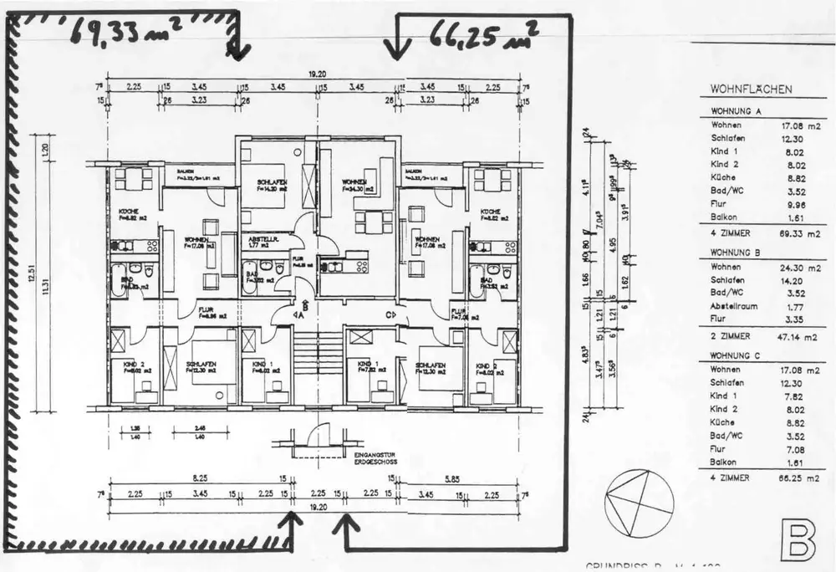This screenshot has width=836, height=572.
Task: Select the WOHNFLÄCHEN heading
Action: coord(752,89)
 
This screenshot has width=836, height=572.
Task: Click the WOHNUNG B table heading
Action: coord(735,251)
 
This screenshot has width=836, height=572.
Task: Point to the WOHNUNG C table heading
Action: coord(735,355)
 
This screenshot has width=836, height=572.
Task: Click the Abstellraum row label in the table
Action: coord(734,306)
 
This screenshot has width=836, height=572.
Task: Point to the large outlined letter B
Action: coord(797,539)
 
